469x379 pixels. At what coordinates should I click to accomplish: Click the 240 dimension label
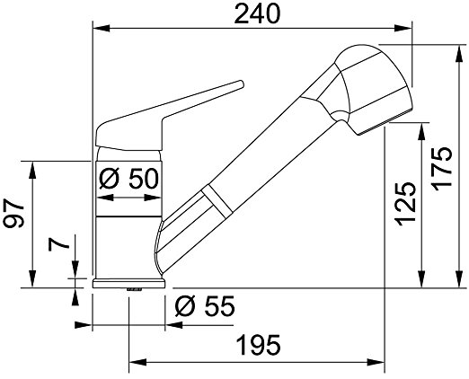(x=257, y=14)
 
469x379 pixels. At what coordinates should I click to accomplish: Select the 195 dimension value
(x=259, y=345)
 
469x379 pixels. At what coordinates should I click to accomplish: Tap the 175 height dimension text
(x=441, y=169)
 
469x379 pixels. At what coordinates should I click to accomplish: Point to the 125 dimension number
(x=405, y=204)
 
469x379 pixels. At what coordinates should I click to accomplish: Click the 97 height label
(x=13, y=213)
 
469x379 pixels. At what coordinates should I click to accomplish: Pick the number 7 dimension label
(x=58, y=245)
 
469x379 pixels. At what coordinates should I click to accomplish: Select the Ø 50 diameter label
(x=128, y=179)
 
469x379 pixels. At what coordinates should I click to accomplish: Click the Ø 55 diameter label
(x=205, y=306)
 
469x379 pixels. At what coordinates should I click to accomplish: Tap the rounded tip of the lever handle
(x=241, y=84)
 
